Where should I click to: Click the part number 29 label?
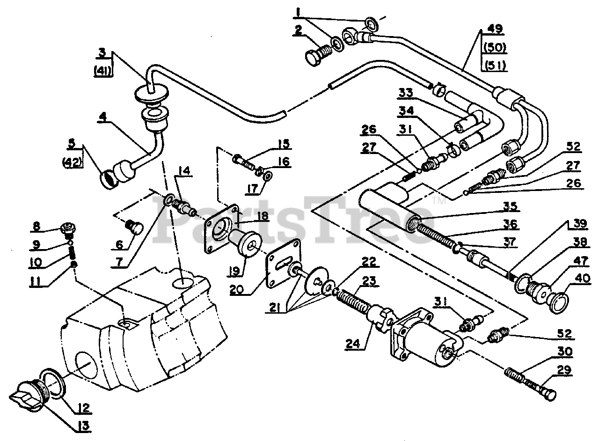coord(564,370)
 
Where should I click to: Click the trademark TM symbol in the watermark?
coord(438,201)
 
